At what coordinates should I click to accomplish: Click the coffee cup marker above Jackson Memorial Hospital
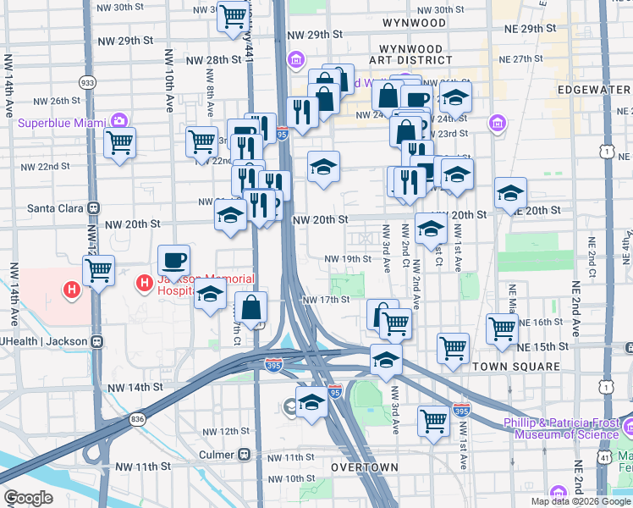174,259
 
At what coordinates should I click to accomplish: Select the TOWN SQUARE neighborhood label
516,367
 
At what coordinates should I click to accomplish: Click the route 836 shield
138,419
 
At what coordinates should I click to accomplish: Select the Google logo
28,498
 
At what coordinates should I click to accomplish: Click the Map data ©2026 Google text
580,501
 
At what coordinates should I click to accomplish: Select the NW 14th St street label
135,387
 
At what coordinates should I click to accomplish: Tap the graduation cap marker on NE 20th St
510,193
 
